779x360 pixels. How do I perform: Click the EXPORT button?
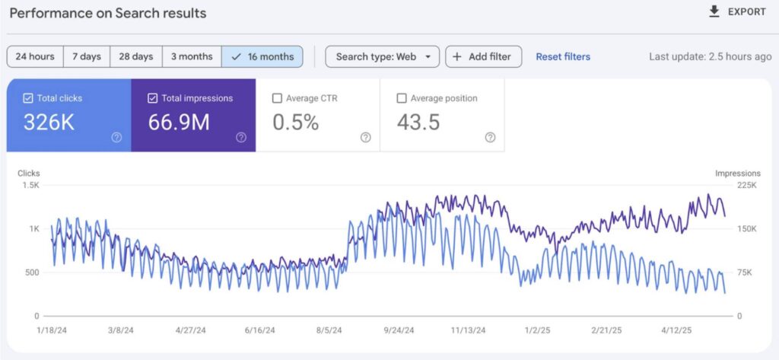pyautogui.click(x=737, y=12)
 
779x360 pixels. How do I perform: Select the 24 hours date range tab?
pyautogui.click(x=35, y=56)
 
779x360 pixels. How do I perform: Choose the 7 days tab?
pyautogui.click(x=86, y=56)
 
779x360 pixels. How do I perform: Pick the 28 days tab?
pyautogui.click(x=136, y=56)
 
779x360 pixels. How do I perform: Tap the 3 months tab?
pyautogui.click(x=191, y=56)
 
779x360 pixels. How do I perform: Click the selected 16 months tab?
pyautogui.click(x=262, y=56)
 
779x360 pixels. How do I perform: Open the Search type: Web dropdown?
pyautogui.click(x=382, y=56)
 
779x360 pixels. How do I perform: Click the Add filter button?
pyautogui.click(x=484, y=56)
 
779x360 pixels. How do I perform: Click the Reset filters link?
pyautogui.click(x=563, y=56)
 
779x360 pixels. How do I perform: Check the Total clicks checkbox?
pyautogui.click(x=28, y=98)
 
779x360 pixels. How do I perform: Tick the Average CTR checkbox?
pyautogui.click(x=278, y=98)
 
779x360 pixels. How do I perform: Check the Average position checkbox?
pyautogui.click(x=402, y=98)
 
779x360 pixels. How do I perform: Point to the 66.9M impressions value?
pyautogui.click(x=179, y=122)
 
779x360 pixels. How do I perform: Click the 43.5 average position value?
pyautogui.click(x=418, y=122)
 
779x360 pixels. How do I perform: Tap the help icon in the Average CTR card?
pyautogui.click(x=365, y=137)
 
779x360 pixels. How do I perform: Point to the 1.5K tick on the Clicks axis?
pyautogui.click(x=30, y=185)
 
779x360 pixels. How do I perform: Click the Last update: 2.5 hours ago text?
pyautogui.click(x=710, y=56)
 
